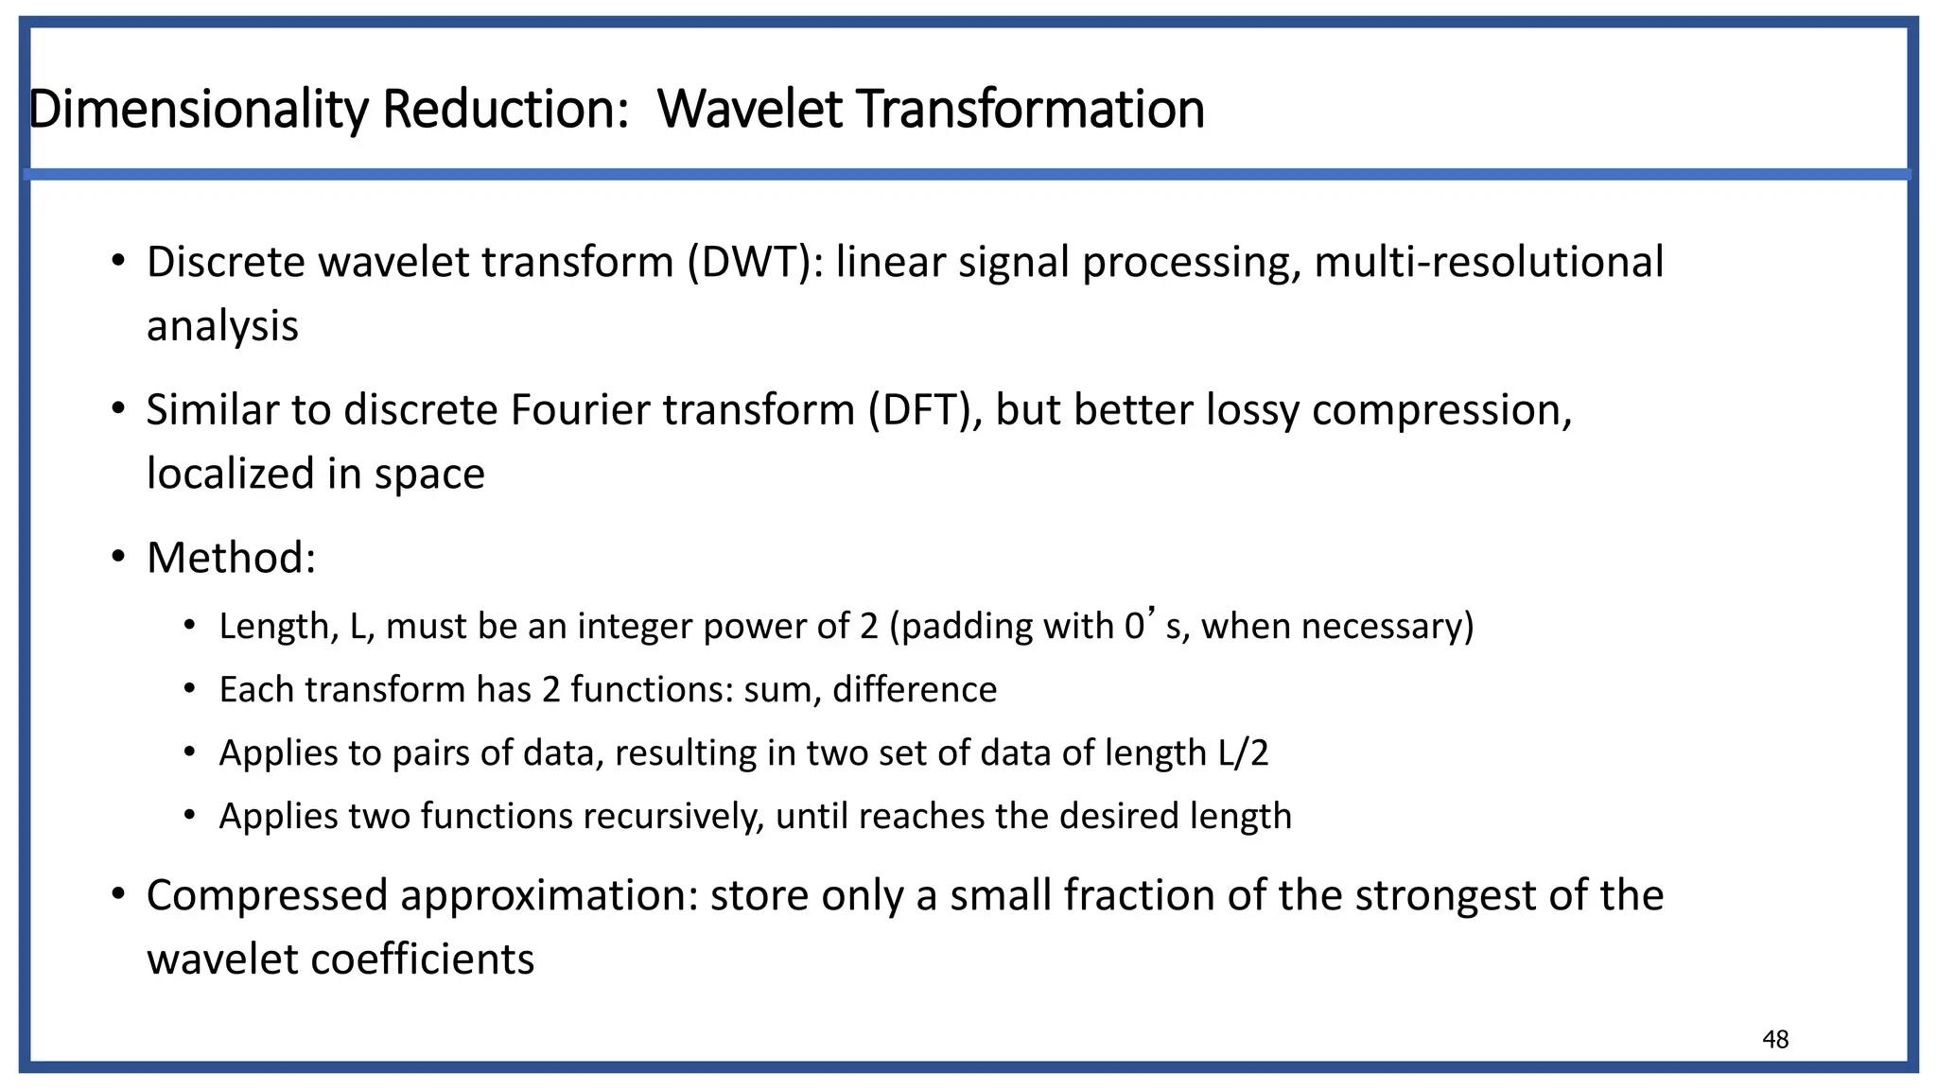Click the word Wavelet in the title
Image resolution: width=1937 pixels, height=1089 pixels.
click(749, 109)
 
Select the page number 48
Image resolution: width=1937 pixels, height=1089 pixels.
click(1775, 1040)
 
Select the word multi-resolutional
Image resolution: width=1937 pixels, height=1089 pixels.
click(1489, 262)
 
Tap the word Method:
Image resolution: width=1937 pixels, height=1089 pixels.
click(231, 558)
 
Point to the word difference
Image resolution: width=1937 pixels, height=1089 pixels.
click(915, 690)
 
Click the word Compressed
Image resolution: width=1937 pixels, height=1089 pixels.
click(268, 895)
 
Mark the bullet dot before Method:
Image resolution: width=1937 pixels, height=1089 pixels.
click(117, 556)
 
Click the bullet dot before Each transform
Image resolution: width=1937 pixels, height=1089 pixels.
click(190, 689)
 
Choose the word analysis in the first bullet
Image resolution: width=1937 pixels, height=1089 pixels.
click(222, 326)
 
